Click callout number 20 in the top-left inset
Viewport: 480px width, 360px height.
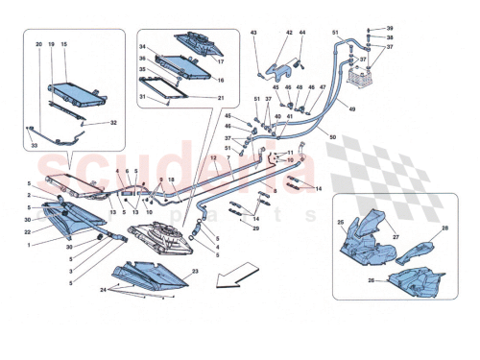tap(39, 44)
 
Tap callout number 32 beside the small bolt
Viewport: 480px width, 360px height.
tap(113, 122)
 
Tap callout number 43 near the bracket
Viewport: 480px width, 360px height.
tap(255, 34)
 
